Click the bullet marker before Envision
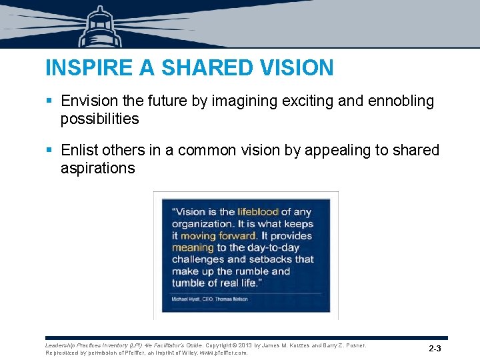(x=49, y=101)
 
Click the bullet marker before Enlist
(x=49, y=151)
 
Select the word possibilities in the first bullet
(x=99, y=119)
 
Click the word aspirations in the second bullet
(x=97, y=168)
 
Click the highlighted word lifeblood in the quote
(x=257, y=212)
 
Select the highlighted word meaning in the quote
(x=193, y=247)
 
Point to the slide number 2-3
(x=435, y=349)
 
